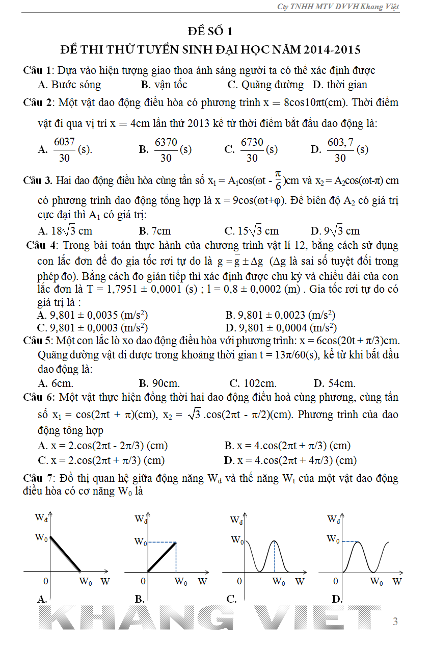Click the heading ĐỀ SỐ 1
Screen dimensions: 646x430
click(210, 32)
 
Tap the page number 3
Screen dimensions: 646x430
click(395, 622)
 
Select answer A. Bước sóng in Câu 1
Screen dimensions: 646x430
click(69, 85)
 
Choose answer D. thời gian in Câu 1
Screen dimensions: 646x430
click(340, 85)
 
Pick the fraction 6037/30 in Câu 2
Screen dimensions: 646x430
click(64, 150)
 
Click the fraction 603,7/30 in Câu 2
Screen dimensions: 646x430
click(340, 150)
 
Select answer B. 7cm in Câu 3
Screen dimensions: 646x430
click(155, 231)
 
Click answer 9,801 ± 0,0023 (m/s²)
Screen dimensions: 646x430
click(280, 315)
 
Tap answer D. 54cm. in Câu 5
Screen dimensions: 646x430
click(334, 383)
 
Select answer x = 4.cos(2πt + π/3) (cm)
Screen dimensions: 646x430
click(287, 446)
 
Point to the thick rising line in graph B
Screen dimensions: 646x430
click(162, 557)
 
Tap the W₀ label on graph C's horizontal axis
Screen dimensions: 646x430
click(278, 582)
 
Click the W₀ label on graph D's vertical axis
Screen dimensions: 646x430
click(333, 539)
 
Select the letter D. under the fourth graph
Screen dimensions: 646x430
click(336, 600)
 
